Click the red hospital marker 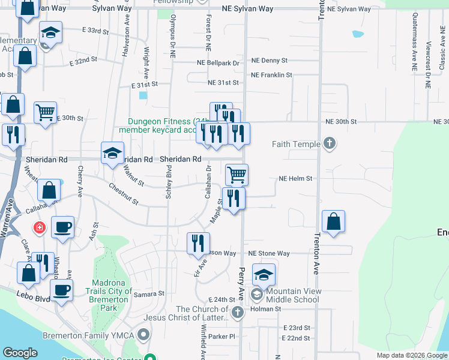[x=40, y=229]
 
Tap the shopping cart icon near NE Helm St [x=237, y=175]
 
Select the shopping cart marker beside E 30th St [x=45, y=112]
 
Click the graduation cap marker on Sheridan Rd [x=112, y=153]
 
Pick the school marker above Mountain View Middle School [x=264, y=275]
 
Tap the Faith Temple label [x=296, y=144]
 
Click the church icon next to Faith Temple [x=328, y=143]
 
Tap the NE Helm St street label [x=295, y=179]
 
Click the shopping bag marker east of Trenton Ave [x=333, y=221]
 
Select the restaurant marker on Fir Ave [x=198, y=243]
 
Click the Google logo [x=20, y=353]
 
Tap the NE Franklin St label [x=271, y=75]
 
